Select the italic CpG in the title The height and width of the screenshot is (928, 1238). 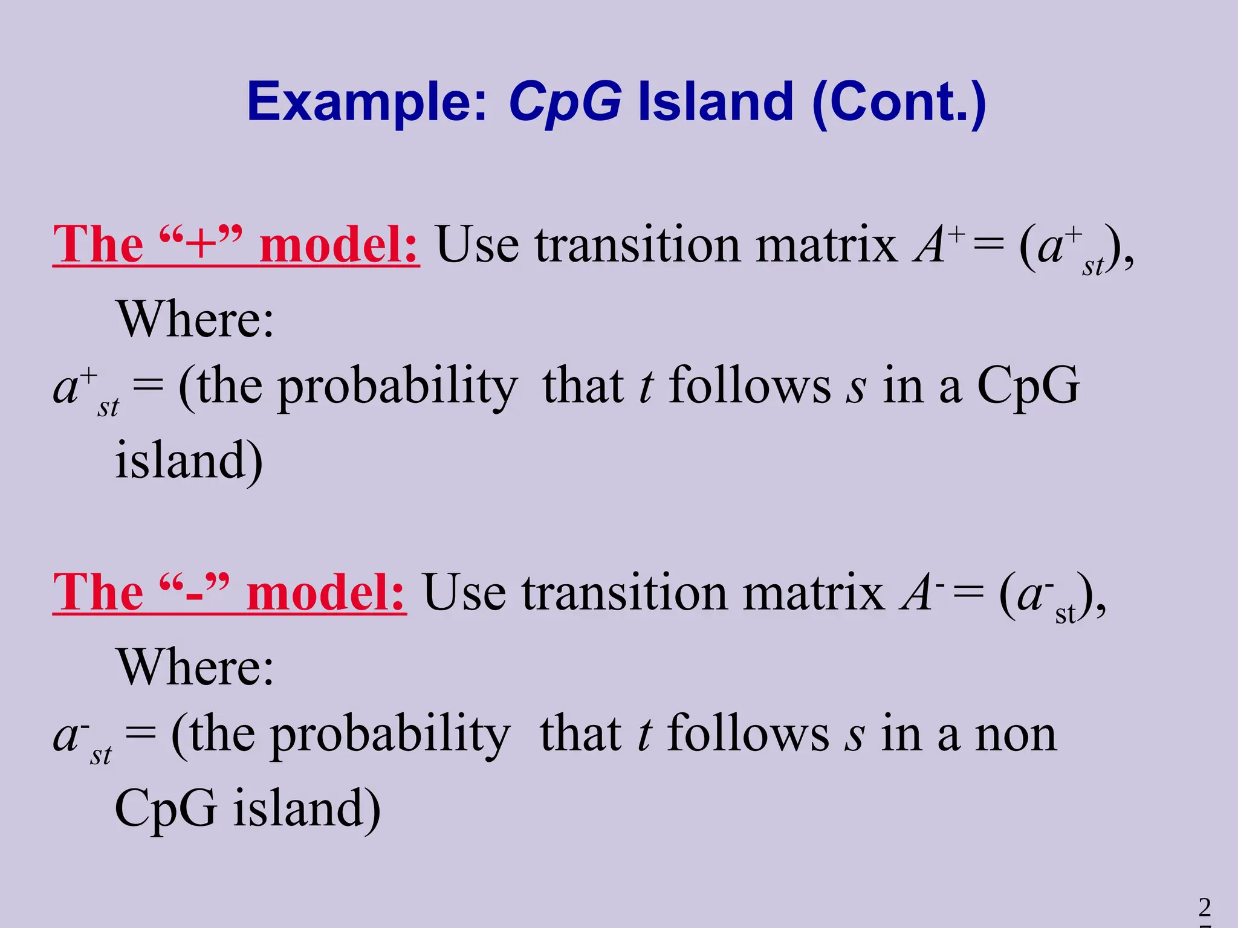point(565,103)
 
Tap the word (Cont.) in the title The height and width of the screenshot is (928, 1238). point(899,103)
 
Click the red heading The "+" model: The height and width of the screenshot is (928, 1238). point(236,245)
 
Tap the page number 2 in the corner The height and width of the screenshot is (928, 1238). point(1205,907)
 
